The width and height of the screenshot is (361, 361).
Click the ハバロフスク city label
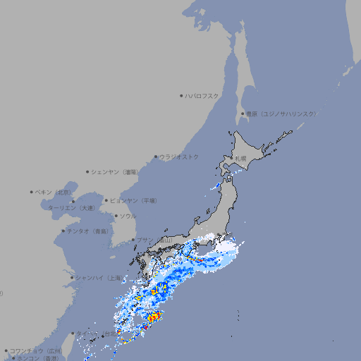pyautogui.click(x=202, y=95)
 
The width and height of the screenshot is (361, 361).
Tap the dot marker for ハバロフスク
pyautogui.click(x=181, y=95)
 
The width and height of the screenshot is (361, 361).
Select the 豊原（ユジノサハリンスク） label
pyautogui.click(x=281, y=114)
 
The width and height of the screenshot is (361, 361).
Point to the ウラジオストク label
pyautogui.click(x=179, y=157)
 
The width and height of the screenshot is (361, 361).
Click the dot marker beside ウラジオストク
pyautogui.click(x=156, y=157)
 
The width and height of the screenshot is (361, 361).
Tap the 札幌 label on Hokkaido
pyautogui.click(x=241, y=159)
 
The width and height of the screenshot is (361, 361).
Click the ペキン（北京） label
pyautogui.click(x=54, y=192)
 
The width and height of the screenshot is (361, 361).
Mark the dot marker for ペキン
pyautogui.click(x=32, y=192)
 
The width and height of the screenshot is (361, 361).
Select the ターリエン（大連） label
pyautogui.click(x=71, y=208)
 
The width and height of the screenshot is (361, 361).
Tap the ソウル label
pyautogui.click(x=128, y=216)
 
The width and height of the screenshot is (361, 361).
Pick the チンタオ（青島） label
pyautogui.click(x=87, y=231)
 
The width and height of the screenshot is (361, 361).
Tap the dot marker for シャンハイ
pyautogui.click(x=72, y=277)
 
